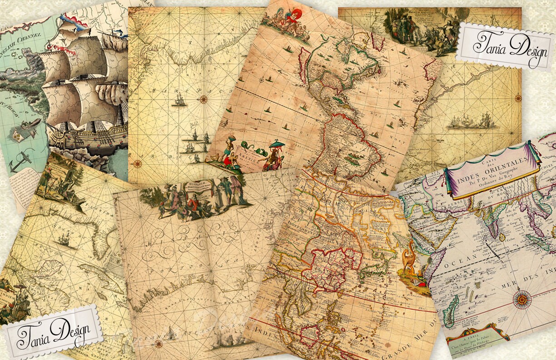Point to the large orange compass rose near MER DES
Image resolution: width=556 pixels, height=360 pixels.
(522, 299)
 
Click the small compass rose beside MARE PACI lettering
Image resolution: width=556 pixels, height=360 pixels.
(203, 100)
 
